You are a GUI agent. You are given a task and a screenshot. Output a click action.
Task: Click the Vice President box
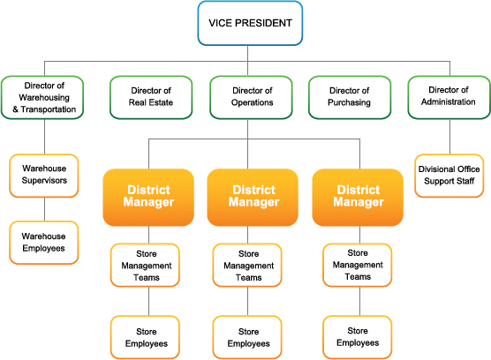pos(250,23)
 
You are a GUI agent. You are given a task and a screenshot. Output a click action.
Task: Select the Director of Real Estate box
pos(151,97)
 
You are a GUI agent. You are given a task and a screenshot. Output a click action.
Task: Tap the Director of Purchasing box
pos(350,97)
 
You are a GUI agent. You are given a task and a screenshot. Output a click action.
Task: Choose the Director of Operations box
pos(251,97)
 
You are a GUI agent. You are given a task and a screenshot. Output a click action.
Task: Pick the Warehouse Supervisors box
pos(44,176)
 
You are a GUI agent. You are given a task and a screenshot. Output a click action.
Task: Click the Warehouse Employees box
pos(44,243)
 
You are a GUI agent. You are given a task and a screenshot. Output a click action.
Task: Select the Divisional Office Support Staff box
pos(449,176)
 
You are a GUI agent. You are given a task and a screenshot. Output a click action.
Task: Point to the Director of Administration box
pos(449,97)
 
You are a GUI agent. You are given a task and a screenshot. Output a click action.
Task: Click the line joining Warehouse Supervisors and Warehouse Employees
pos(44,209)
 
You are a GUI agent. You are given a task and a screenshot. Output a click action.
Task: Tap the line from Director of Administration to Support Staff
pos(450,137)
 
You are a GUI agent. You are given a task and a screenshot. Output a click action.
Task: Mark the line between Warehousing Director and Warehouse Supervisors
pos(44,137)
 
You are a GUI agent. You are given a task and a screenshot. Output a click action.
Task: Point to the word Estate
pos(161,102)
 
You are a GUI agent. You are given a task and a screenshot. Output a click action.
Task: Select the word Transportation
pos(49,109)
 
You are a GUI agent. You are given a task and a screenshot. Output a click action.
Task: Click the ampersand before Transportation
pos(15,109)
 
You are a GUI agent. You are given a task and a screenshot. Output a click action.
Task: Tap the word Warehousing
pos(44,98)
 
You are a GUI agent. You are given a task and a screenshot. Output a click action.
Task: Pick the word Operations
pos(252,102)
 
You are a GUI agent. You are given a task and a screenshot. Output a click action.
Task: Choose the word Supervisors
pos(44,181)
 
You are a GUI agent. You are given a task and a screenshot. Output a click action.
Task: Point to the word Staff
pos(466,181)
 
